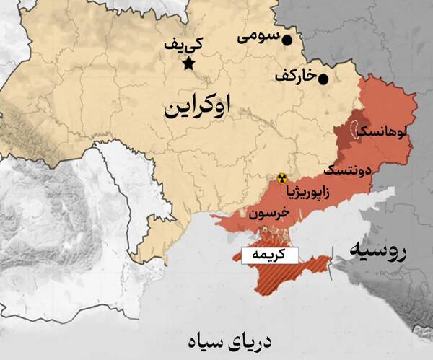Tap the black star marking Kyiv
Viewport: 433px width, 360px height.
click(x=189, y=64)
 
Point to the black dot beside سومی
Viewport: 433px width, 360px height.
click(x=287, y=40)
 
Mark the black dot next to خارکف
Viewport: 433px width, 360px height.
click(x=323, y=79)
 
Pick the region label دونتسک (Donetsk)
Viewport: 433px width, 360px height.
click(x=347, y=172)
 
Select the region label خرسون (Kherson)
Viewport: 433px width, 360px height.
click(x=268, y=214)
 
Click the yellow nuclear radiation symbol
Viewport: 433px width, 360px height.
click(x=282, y=177)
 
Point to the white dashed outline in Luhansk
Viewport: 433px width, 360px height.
click(x=355, y=130)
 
